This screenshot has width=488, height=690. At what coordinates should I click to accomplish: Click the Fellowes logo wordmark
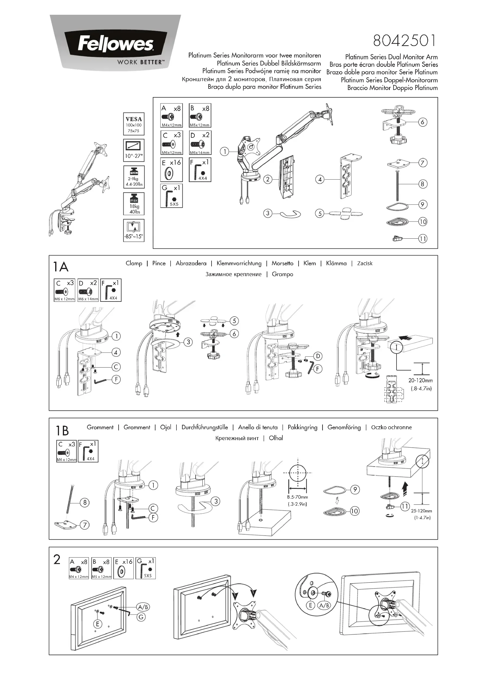click(x=115, y=44)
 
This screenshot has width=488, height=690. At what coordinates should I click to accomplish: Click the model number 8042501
click(x=405, y=41)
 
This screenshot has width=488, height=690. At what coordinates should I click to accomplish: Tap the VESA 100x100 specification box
click(x=134, y=124)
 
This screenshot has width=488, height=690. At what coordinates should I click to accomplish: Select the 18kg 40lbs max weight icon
click(x=134, y=204)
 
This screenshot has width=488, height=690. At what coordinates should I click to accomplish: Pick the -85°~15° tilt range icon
click(x=134, y=230)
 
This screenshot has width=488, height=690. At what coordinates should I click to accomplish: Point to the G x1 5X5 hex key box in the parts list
click(x=171, y=196)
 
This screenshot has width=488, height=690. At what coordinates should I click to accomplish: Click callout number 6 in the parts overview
click(x=423, y=122)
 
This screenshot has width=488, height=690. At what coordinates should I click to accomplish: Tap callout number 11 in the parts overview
click(x=423, y=239)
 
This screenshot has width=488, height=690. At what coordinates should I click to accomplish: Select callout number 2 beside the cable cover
click(x=268, y=179)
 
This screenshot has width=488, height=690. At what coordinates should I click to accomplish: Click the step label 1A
click(x=61, y=267)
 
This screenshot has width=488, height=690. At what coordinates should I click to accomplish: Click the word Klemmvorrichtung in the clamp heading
click(x=239, y=263)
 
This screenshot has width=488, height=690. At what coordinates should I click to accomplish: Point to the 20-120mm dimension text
click(x=420, y=381)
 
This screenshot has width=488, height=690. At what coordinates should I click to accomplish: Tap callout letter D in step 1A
click(x=318, y=356)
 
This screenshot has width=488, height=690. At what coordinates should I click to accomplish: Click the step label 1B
click(x=62, y=431)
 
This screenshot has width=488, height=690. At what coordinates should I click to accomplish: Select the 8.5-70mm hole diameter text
click(x=297, y=497)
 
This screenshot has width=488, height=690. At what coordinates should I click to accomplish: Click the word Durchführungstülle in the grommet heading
click(x=205, y=427)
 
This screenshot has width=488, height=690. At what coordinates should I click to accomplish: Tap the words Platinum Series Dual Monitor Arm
click(x=391, y=57)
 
